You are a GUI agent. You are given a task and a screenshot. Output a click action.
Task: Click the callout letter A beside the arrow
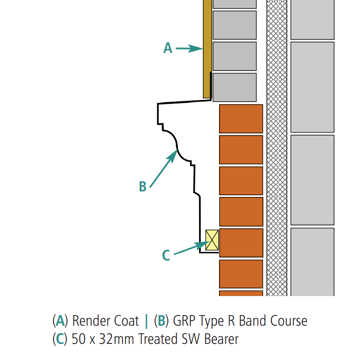coord(168,48)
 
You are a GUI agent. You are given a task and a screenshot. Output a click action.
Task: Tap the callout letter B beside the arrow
coord(143,186)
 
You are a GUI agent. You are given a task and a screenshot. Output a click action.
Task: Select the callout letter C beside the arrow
coord(166,255)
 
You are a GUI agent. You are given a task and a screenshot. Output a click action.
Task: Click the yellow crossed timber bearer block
coord(212,240)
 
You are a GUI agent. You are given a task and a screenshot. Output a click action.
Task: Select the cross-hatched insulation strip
coord(277,148)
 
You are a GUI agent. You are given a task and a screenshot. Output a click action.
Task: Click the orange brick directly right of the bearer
coord(241,243)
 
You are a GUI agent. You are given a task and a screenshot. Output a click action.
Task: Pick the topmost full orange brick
coord(241,119)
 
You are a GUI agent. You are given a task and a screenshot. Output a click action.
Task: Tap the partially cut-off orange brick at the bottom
coord(241,293)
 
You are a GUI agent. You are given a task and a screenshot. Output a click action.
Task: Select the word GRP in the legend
coord(183,321)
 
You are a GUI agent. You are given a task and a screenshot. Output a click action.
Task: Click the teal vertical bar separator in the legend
coord(146,321)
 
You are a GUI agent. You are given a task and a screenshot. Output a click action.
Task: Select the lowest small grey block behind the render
coord(235,87)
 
